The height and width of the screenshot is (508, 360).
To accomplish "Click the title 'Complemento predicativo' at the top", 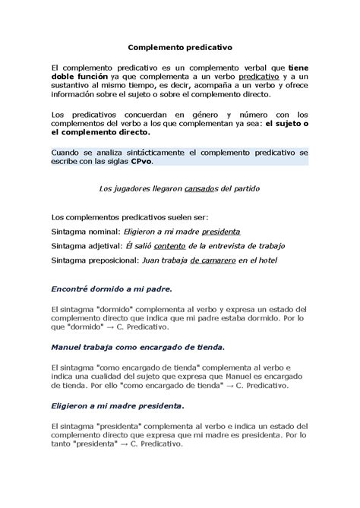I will point(179,46).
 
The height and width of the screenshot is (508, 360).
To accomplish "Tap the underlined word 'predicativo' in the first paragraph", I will point(259,77).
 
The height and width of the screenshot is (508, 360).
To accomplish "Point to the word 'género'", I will point(195,114).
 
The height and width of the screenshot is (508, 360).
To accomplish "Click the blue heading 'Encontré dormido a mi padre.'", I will point(111,289).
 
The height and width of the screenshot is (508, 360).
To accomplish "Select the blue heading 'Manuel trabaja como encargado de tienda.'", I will point(137,347).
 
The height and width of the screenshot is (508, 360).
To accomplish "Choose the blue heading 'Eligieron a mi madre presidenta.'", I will point(117,405).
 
